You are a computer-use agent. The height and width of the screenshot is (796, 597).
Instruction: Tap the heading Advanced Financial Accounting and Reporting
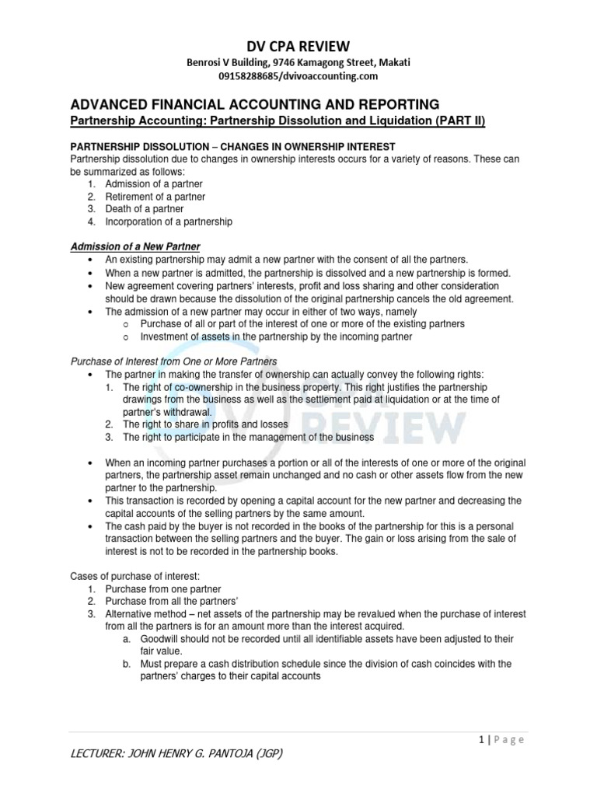coord(255,104)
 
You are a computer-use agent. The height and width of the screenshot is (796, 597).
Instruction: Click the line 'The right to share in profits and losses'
coord(205,424)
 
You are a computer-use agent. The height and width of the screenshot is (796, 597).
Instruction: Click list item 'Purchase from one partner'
coord(161,588)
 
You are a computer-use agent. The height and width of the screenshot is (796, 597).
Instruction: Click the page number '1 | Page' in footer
coord(501,739)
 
